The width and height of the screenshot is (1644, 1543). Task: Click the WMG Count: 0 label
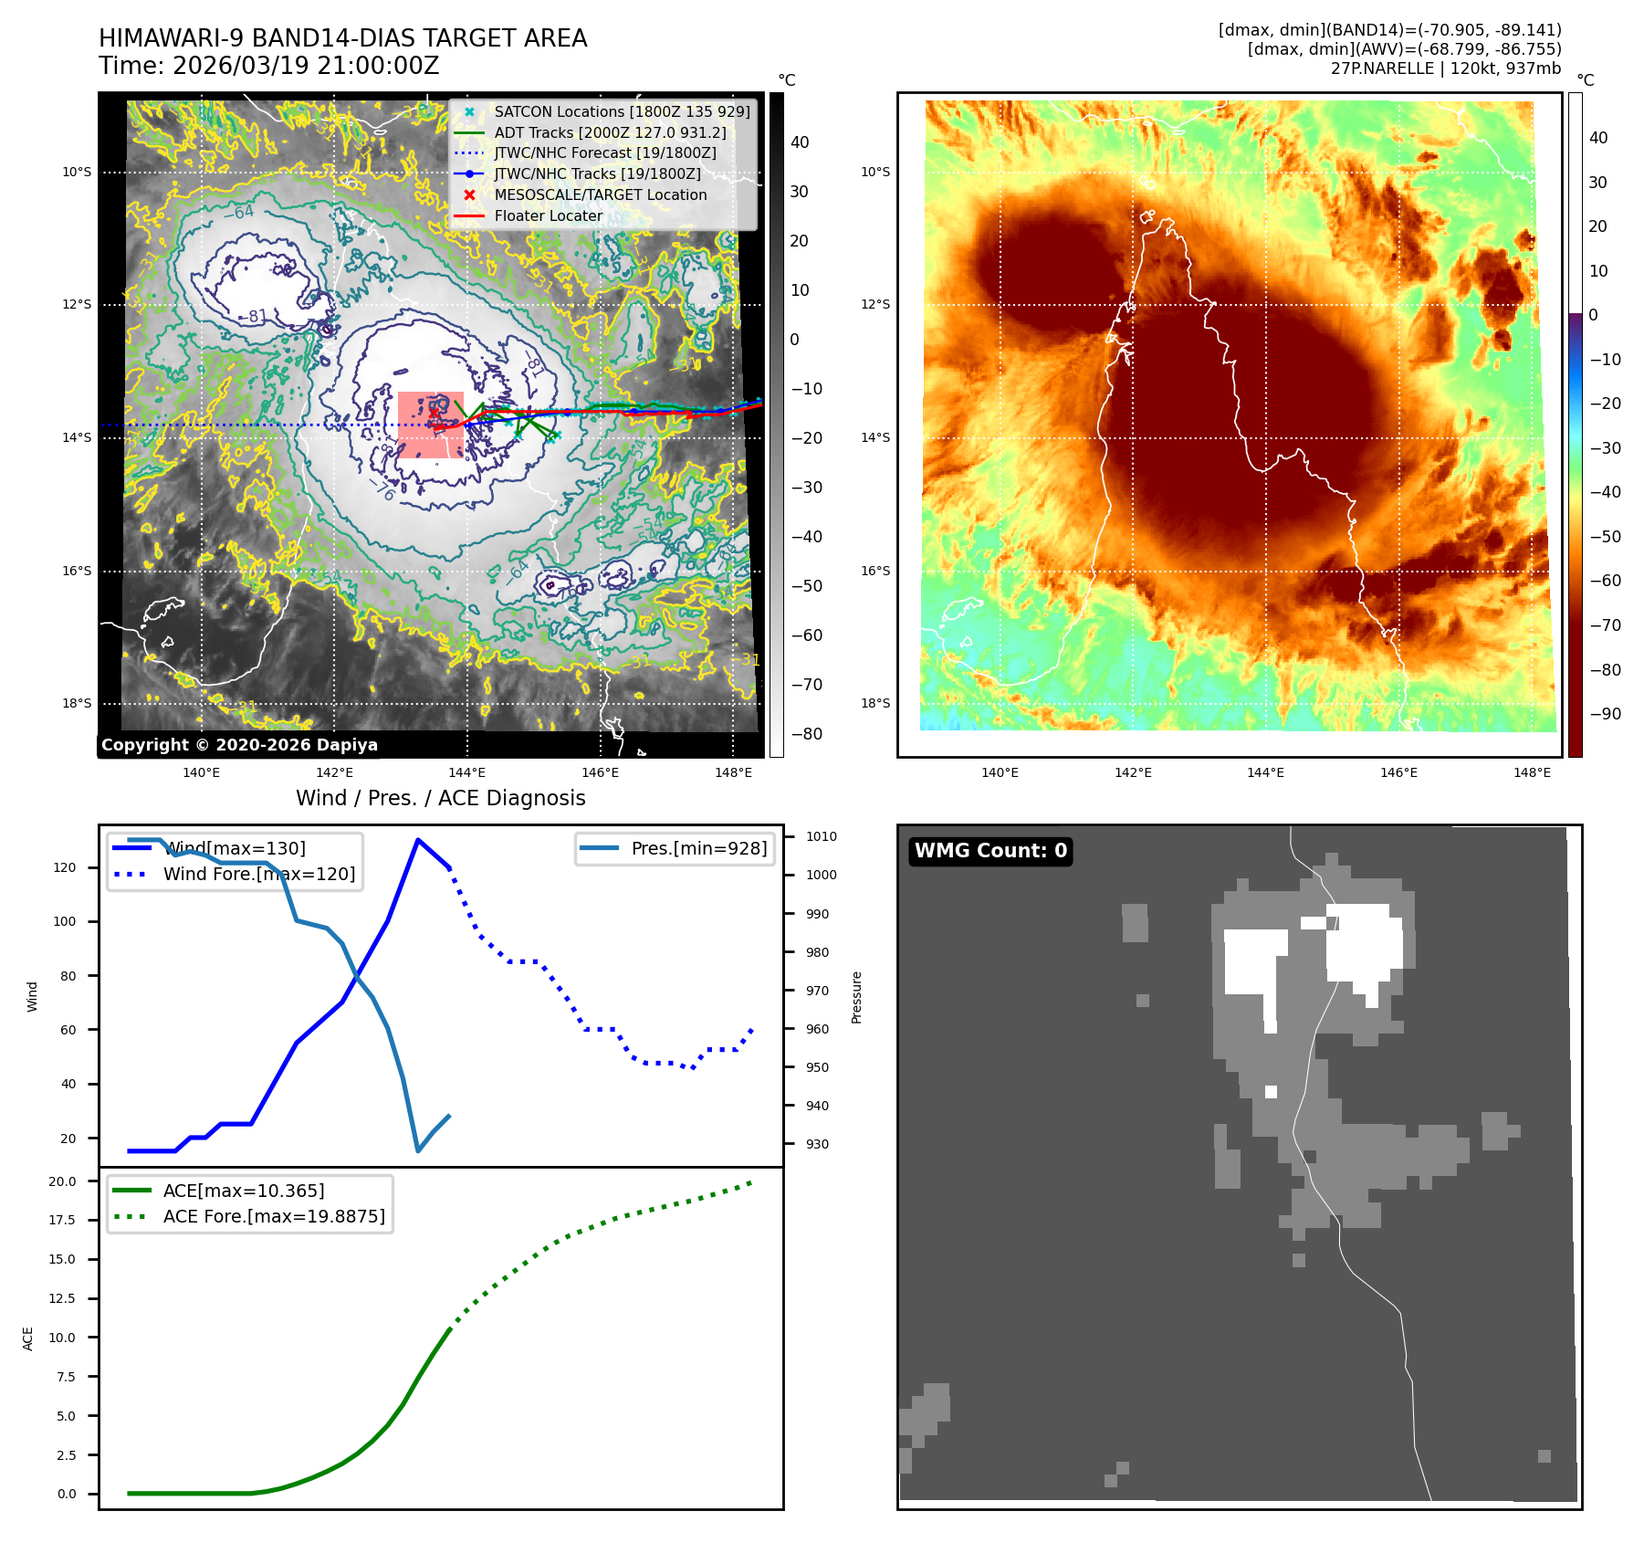tap(990, 851)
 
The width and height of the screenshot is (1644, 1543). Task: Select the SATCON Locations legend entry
tap(621, 111)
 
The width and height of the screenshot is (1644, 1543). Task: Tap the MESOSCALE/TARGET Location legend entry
tap(600, 194)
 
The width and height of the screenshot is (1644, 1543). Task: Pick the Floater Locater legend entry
tap(548, 215)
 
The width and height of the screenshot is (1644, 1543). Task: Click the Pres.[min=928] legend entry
tap(698, 848)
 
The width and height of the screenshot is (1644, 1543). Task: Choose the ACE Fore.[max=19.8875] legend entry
tap(273, 1216)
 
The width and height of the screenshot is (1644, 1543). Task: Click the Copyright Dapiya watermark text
tap(239, 745)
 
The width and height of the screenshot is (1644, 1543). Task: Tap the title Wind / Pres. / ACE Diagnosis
tap(440, 798)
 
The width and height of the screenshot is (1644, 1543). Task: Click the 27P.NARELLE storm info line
tap(1445, 68)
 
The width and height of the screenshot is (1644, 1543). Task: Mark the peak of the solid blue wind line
tap(418, 840)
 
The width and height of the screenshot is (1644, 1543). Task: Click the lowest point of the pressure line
tap(418, 1150)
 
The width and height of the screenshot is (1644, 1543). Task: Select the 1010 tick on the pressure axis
tap(821, 836)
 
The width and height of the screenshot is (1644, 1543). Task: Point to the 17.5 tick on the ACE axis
tap(62, 1220)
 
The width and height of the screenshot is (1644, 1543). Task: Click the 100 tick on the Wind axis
tap(65, 921)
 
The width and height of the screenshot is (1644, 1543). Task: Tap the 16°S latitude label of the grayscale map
tap(77, 572)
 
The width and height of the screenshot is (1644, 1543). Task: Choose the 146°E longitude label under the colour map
tap(1398, 772)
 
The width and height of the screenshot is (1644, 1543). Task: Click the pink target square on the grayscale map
tap(430, 425)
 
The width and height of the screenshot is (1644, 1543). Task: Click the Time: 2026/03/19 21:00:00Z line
tap(268, 66)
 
